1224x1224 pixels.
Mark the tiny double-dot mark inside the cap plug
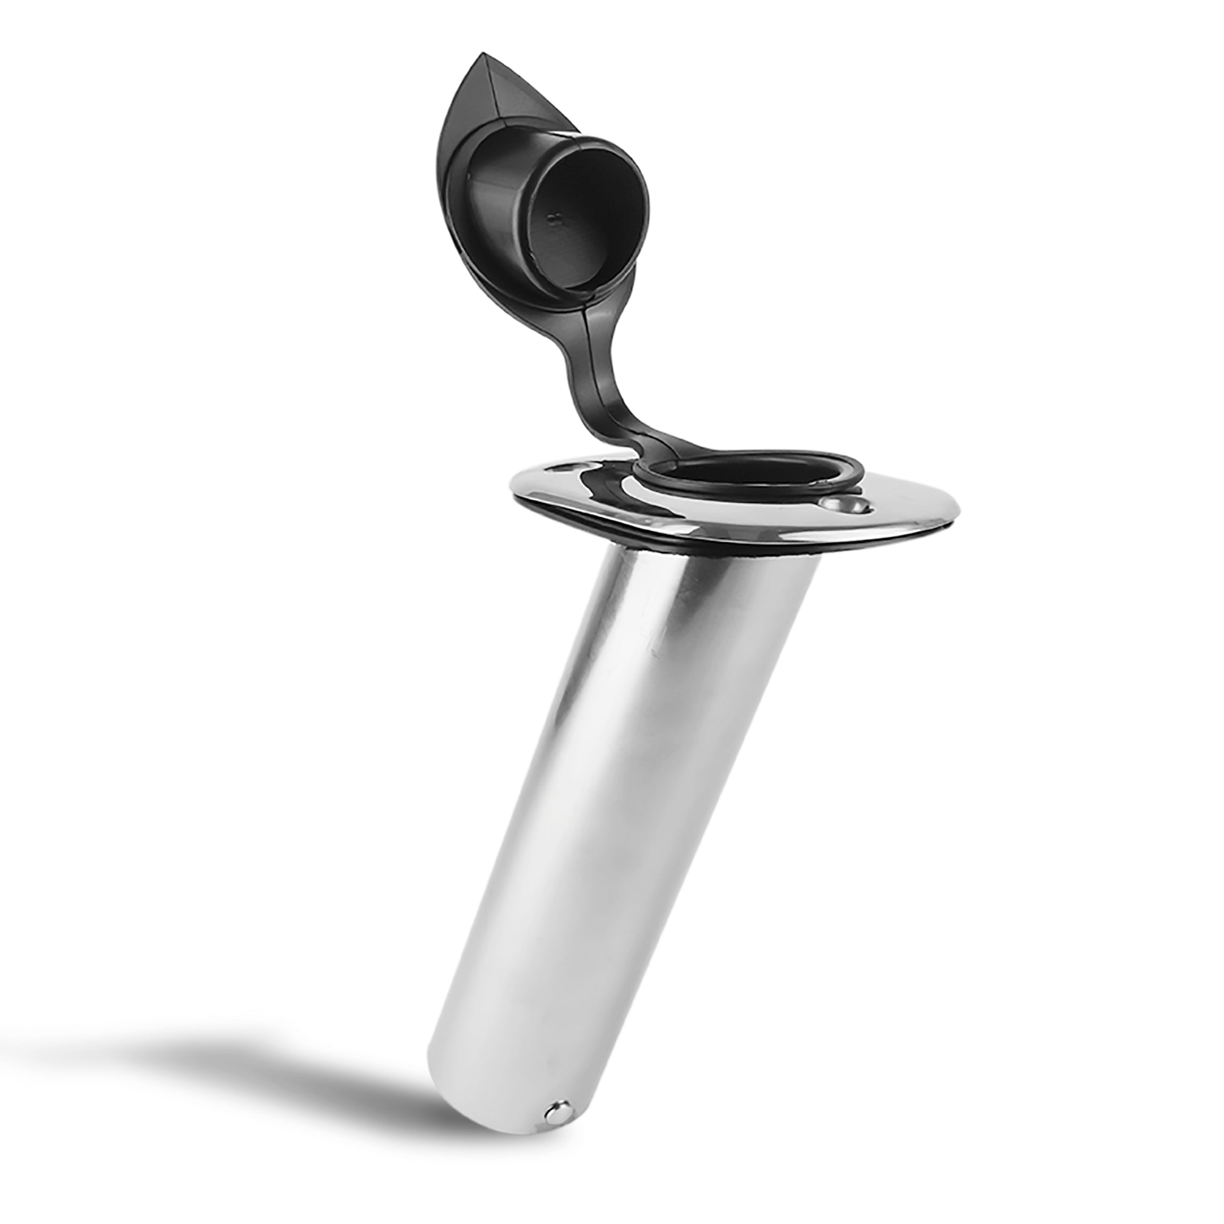click(x=556, y=220)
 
